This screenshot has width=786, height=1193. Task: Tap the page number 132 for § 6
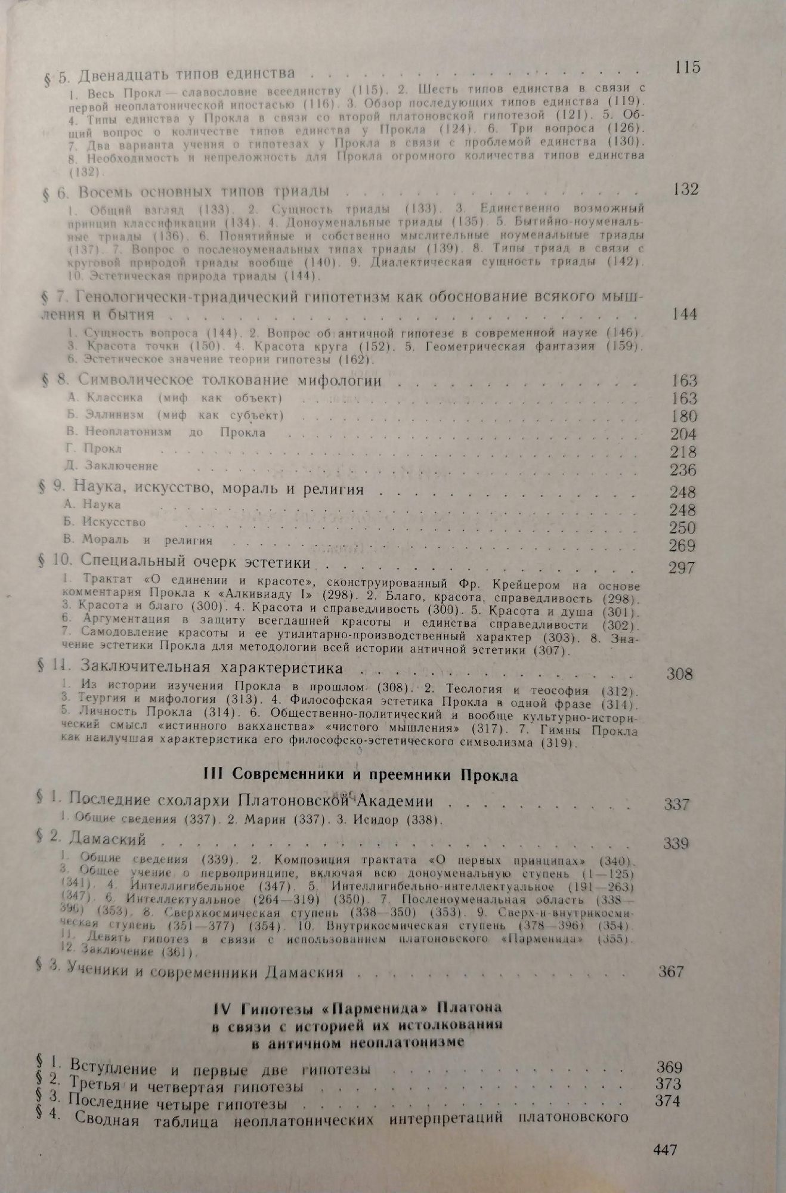685,190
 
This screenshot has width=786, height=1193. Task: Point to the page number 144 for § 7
683,314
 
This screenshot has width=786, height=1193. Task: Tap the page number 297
681,567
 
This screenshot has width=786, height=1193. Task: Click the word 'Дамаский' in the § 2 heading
107,840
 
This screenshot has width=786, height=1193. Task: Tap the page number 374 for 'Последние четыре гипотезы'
668,1101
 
